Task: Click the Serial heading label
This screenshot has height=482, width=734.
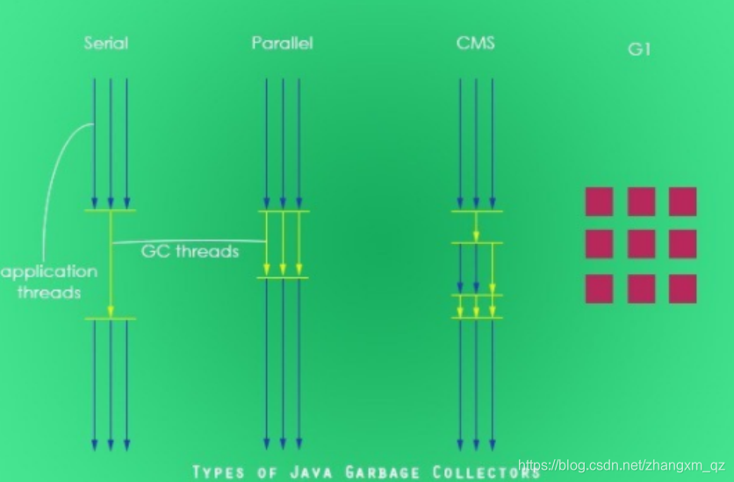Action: (106, 42)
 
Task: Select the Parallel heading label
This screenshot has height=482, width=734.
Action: (282, 43)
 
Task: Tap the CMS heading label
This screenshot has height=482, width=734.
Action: (476, 42)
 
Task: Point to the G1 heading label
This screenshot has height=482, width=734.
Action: (639, 50)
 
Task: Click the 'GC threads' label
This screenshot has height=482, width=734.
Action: (190, 251)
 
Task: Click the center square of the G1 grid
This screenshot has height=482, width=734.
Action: (641, 244)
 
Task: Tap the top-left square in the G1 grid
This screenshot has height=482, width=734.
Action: (599, 201)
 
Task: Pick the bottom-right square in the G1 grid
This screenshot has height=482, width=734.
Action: (682, 288)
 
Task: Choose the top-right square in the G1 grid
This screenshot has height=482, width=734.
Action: (682, 201)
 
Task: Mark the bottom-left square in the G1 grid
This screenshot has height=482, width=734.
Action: (599, 288)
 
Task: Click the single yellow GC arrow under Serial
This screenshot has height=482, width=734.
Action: (111, 263)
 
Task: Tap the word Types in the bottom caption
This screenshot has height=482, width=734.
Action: (219, 472)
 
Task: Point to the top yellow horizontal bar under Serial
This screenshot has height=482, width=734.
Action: (111, 211)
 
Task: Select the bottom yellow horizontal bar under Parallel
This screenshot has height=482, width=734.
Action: (283, 278)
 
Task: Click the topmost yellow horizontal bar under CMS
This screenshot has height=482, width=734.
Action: (477, 211)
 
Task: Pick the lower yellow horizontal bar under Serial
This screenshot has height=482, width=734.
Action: (111, 319)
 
